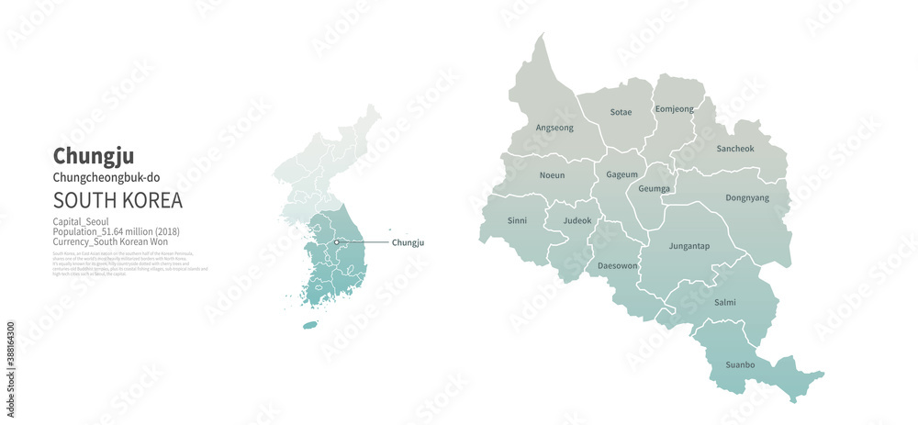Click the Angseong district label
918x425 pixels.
coord(554,128)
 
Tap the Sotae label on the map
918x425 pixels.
coord(621,112)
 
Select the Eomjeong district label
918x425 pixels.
coord(675,109)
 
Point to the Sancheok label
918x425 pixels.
coord(734,148)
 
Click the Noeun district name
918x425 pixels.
coord(552,174)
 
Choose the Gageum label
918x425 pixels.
coord(621,174)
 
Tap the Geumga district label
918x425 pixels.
coord(655,188)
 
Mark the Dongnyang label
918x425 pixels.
coord(746,197)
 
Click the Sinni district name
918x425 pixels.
coord(517,220)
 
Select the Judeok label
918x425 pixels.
coord(577,220)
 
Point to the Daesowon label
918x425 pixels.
coord(617,265)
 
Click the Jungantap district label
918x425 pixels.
coord(688,245)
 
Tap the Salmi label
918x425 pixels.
coord(724,302)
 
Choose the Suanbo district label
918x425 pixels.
coord(740,364)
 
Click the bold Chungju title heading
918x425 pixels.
coord(94,156)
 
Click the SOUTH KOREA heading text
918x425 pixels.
coord(118,200)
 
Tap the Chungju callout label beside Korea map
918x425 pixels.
coord(408,242)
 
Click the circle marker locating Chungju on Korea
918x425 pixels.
coord(337,241)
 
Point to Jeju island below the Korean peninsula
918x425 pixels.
coord(310,325)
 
